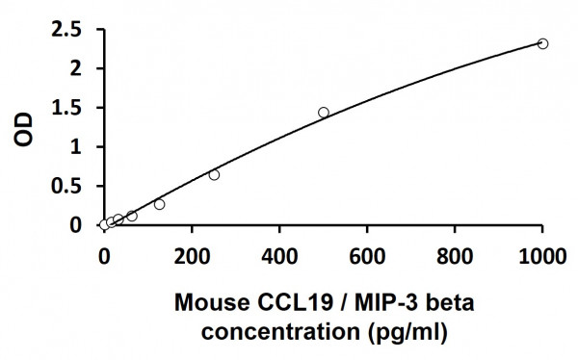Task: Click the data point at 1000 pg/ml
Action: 542,43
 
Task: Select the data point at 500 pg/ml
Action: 324,113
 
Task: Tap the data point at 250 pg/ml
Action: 214,174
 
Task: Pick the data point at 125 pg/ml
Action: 159,204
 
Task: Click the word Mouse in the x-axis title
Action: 204,305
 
